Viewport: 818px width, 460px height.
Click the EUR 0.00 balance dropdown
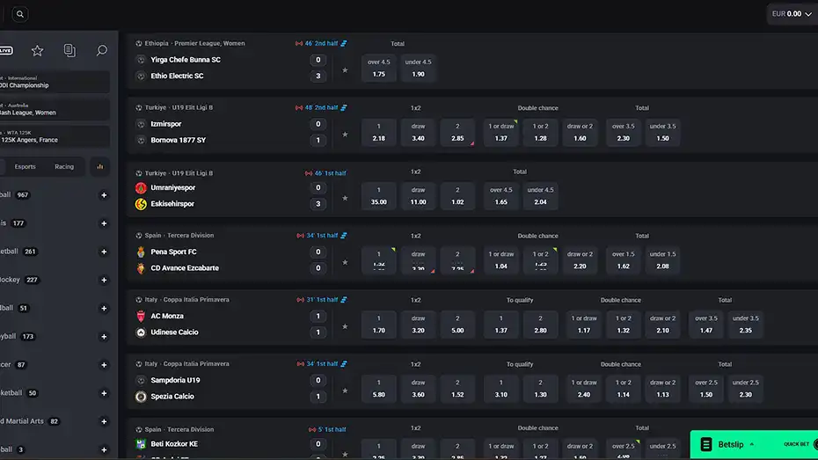[x=791, y=14]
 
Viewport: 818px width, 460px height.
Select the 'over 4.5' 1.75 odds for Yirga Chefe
[x=378, y=69]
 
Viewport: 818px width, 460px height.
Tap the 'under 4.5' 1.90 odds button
[x=418, y=69]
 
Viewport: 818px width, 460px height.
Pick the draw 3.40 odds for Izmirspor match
[x=418, y=133]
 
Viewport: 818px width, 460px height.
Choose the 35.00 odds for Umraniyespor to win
[x=378, y=196]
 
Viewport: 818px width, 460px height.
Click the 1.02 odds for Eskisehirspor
[x=457, y=196]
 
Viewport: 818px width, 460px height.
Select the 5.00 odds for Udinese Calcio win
[x=457, y=325]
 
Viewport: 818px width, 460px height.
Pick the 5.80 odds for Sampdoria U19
[x=378, y=389]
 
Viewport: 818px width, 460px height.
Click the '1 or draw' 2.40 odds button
[x=584, y=389]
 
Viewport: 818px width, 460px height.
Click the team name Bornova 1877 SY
[x=179, y=140]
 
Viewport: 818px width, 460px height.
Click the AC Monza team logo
[x=141, y=316]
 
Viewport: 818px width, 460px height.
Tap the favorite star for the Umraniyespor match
[x=345, y=198]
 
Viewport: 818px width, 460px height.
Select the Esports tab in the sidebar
[x=26, y=166]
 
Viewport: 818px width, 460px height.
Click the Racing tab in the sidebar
[x=64, y=166]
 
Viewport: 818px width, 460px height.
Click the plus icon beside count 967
[x=104, y=195]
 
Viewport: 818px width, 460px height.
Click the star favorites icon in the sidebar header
[x=37, y=51]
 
